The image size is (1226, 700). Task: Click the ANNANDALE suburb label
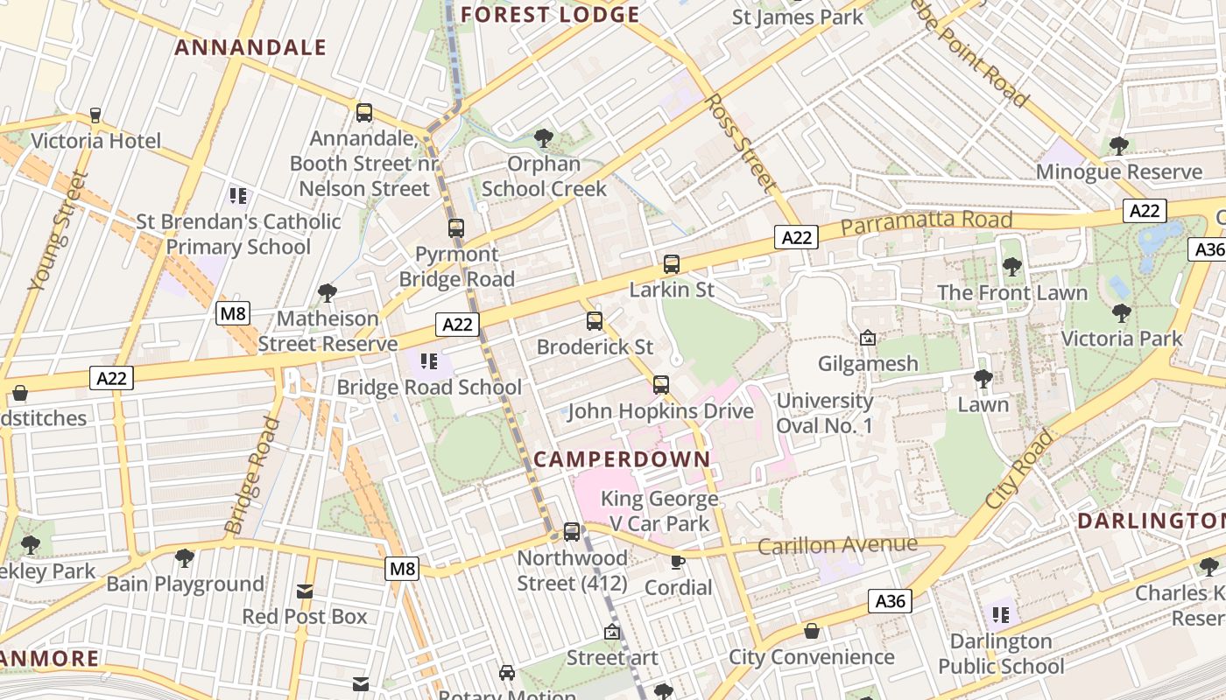click(250, 47)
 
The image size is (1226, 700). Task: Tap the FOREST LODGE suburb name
click(550, 15)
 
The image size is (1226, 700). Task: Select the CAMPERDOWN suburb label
click(622, 458)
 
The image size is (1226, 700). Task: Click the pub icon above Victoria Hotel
click(95, 115)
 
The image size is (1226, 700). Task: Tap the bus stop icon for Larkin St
click(672, 264)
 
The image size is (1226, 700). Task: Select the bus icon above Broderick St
click(595, 321)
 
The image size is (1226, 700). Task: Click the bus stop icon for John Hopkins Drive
click(661, 385)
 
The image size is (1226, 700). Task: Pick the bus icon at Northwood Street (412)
click(572, 531)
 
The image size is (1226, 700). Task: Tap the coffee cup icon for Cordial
click(677, 562)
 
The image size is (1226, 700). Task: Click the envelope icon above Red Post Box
click(304, 591)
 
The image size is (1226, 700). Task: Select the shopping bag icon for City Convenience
click(812, 631)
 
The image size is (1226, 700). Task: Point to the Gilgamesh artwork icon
click(868, 338)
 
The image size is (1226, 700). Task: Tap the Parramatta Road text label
click(927, 222)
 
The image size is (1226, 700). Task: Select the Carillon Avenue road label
click(837, 546)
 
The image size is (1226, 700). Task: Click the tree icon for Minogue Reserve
click(1118, 146)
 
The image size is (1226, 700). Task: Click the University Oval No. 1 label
click(825, 413)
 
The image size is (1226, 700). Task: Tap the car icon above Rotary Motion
click(507, 673)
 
